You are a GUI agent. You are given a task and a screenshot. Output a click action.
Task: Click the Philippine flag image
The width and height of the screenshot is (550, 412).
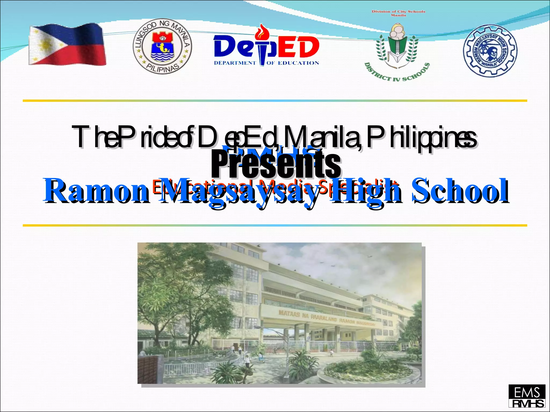pyautogui.click(x=67, y=44)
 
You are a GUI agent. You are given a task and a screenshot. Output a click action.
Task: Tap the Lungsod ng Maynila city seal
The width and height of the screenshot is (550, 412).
pyautogui.click(x=162, y=47)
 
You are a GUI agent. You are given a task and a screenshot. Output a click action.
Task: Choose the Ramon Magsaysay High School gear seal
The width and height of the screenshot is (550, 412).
pyautogui.click(x=490, y=51)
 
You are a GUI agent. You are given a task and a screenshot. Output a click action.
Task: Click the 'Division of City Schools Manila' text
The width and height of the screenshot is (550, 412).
pyautogui.click(x=398, y=13)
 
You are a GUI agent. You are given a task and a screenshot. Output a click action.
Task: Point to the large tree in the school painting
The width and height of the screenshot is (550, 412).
pyautogui.click(x=185, y=282)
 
